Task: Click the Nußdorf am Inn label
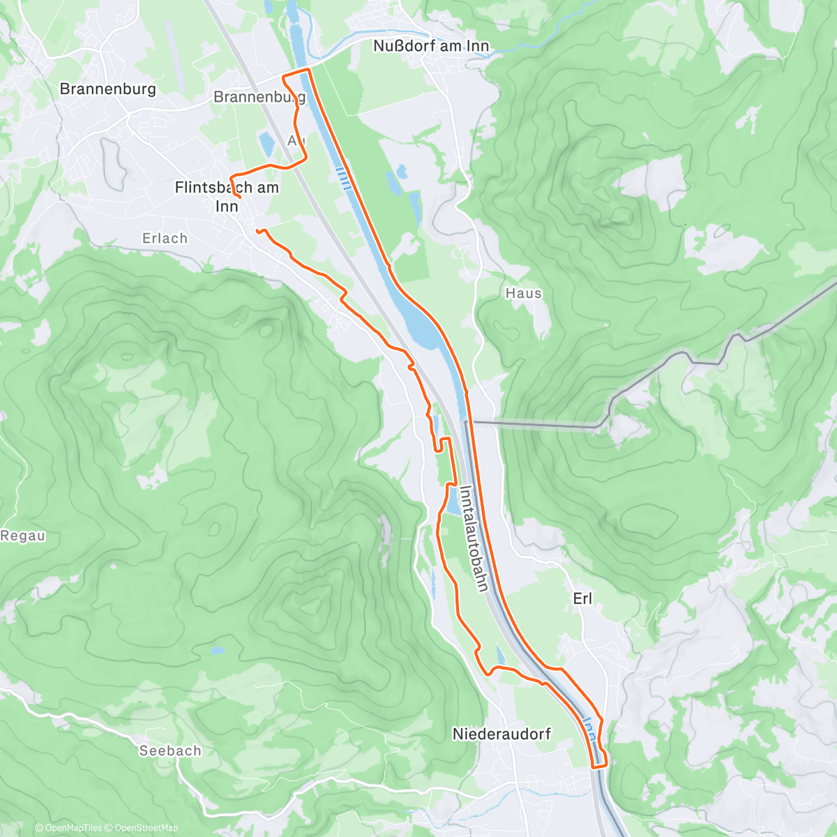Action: coord(431,46)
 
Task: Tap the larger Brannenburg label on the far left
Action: coord(107,89)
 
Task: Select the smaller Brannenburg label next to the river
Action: coord(259,97)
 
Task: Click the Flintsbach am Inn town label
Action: coord(227,196)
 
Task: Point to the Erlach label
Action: coord(165,239)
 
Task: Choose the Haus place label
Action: coord(523,294)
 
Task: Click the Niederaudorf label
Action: coord(502,734)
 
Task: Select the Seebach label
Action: coord(170,751)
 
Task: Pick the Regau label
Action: coord(23,536)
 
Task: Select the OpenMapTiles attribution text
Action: coord(73,828)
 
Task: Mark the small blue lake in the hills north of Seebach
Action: coord(218,651)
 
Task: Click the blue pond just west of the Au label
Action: coord(266,144)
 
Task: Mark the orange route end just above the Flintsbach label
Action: coord(239,198)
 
